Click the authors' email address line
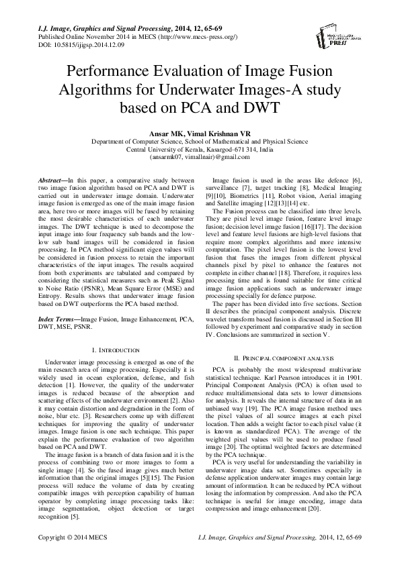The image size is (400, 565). [x=200, y=157]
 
